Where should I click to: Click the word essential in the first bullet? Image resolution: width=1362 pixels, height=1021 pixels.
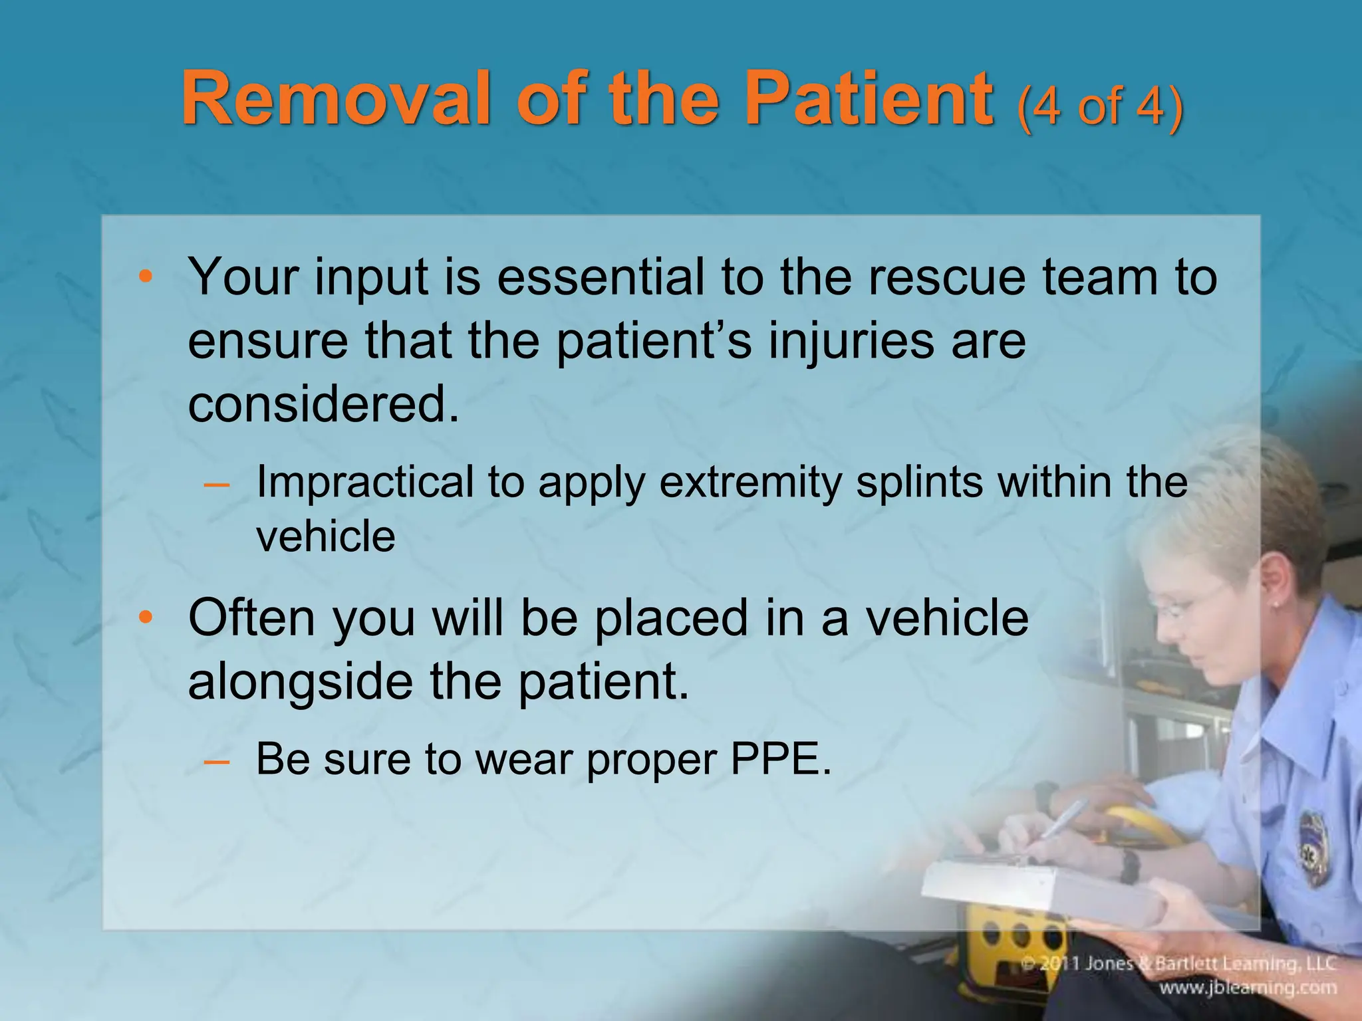pos(601,277)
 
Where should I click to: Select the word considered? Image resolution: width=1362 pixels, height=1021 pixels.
pos(323,404)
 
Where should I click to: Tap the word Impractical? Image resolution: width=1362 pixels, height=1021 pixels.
pos(364,483)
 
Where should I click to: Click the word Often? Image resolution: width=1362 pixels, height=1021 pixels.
pos(251,618)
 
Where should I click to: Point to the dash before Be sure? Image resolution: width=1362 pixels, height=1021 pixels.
pos(216,760)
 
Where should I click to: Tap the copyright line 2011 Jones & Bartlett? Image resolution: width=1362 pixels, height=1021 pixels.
pos(1177,963)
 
